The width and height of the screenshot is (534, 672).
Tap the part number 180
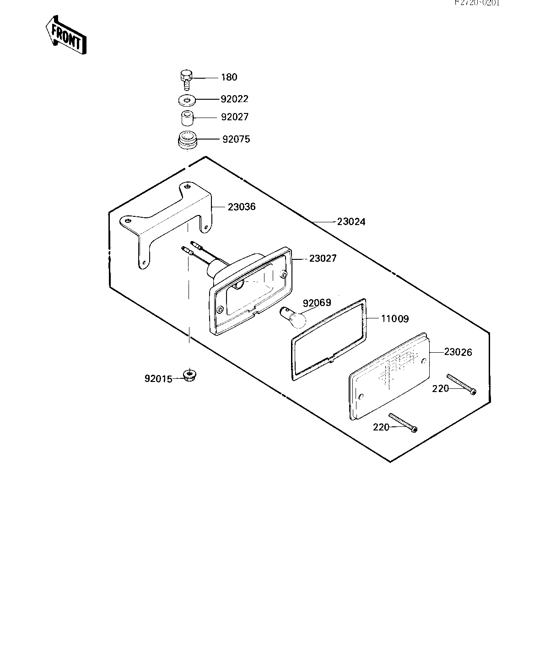229,77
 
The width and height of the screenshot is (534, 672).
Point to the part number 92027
235,117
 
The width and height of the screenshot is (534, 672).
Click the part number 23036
242,207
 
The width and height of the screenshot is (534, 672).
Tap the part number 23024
351,222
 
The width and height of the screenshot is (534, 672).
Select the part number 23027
323,258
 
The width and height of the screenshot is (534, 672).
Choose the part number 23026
458,352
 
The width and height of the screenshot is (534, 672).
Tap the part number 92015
158,379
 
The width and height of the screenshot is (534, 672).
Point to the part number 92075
236,139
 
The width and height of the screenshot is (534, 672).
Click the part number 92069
317,303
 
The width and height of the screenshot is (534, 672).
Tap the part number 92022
235,99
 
